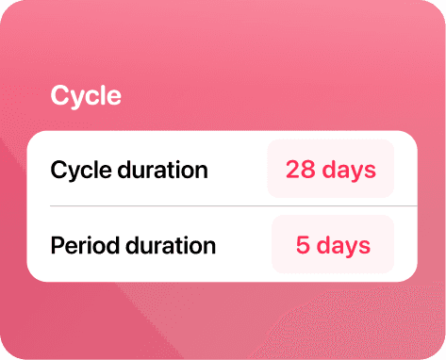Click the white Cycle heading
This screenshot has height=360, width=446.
[86, 95]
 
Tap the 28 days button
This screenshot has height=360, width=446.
[331, 169]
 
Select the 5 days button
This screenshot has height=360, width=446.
[333, 244]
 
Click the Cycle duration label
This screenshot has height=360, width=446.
[129, 171]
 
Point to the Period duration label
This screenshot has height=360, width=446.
[133, 245]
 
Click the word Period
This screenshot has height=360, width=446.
[85, 245]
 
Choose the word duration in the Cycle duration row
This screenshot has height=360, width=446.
[163, 170]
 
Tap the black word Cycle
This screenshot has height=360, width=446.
[81, 172]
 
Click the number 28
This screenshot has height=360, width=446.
[300, 170]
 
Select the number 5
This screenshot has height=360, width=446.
[303, 245]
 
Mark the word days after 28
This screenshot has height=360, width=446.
[349, 172]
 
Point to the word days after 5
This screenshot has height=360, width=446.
[343, 247]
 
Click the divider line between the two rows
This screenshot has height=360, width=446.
[234, 206]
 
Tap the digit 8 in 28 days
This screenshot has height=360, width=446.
[307, 170]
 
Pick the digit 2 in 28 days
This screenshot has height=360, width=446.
[293, 170]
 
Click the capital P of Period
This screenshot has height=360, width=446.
[58, 245]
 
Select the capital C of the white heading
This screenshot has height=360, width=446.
[59, 95]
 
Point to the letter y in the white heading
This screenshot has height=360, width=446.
[76, 99]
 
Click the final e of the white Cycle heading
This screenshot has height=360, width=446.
[114, 97]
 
